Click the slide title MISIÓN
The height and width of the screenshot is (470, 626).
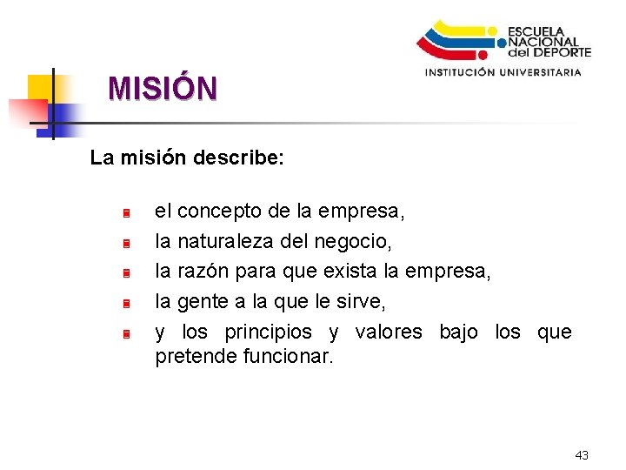click(163, 88)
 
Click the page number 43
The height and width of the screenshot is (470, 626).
click(582, 455)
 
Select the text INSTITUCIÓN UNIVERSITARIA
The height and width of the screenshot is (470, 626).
click(503, 73)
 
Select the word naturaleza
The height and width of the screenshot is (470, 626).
click(227, 241)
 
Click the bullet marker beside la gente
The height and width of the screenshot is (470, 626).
click(126, 304)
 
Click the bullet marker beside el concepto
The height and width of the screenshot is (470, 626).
click(126, 213)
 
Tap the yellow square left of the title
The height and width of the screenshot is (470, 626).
click(40, 88)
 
